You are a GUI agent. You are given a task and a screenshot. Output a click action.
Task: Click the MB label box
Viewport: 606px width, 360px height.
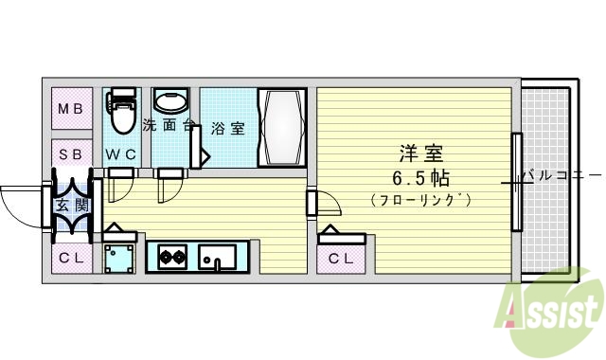coord(72,109)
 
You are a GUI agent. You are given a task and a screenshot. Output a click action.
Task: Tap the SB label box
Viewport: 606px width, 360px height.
coord(72,153)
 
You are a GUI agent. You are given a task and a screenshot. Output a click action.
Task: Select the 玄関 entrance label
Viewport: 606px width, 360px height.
coord(72,207)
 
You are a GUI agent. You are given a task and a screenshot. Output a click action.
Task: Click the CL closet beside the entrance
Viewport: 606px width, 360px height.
coord(72,258)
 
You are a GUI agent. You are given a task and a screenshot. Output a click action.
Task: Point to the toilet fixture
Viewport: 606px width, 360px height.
coord(121,113)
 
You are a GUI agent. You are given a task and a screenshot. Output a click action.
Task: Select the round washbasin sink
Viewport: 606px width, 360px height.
coord(171,102)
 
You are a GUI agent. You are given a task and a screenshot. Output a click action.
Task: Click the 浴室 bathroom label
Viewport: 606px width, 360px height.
coord(228,128)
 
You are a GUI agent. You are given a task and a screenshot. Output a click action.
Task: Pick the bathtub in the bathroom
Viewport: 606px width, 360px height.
coord(281,128)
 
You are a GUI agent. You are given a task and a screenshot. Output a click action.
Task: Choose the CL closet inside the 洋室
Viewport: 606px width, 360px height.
coord(341,259)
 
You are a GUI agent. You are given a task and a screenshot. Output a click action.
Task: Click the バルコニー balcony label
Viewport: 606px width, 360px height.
coord(561,176)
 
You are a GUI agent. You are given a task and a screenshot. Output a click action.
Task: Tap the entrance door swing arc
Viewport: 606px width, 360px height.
coord(21,201)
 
